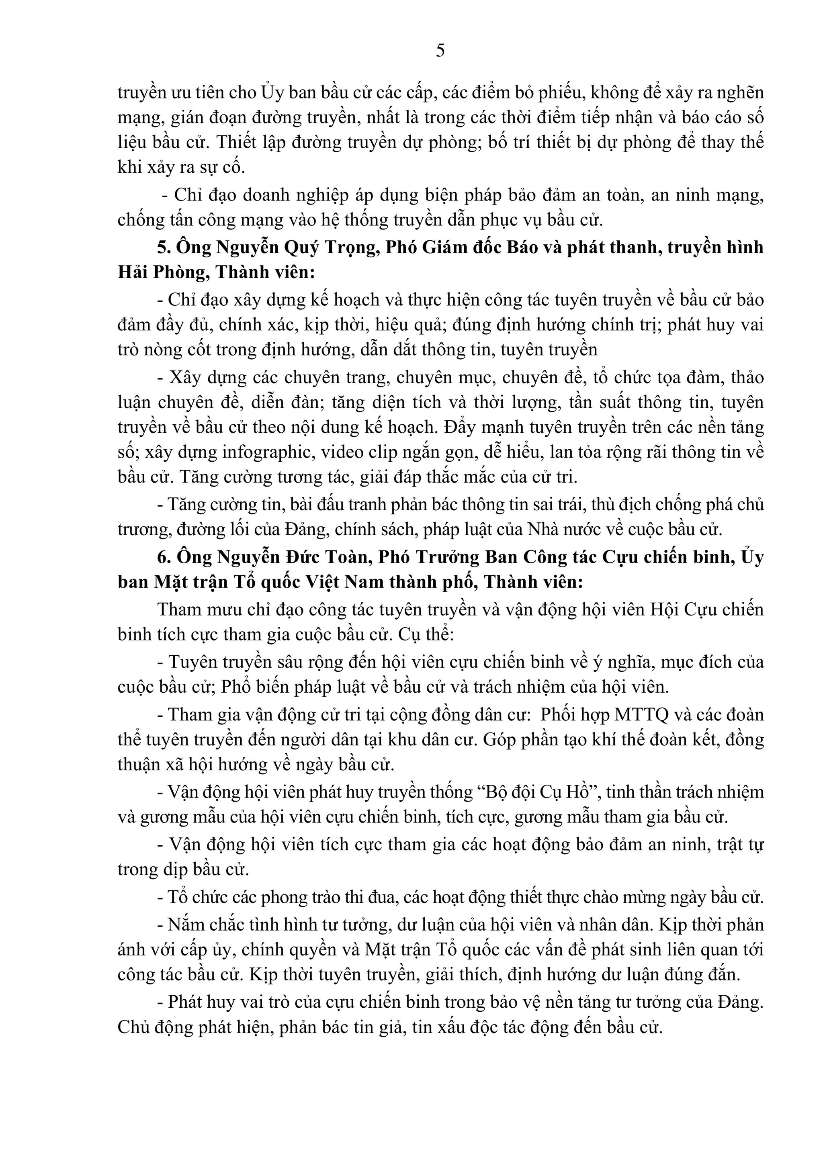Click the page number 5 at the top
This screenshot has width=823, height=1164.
point(440,51)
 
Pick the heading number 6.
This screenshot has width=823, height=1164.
point(163,556)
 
